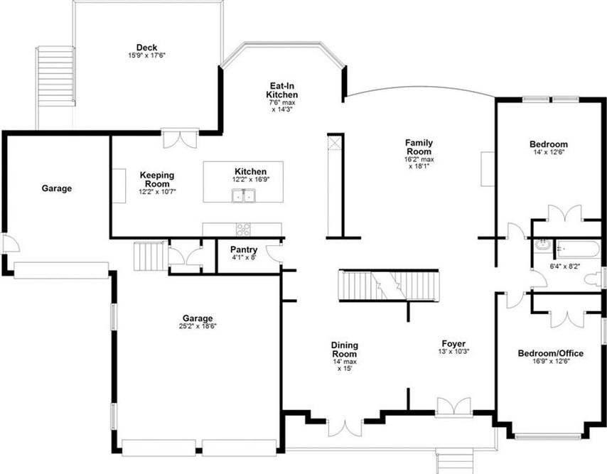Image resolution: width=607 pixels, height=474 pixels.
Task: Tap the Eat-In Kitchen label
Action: [x=282, y=90]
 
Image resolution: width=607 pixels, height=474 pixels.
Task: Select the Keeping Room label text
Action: [x=157, y=179]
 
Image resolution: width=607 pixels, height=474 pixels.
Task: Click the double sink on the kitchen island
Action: [x=242, y=194]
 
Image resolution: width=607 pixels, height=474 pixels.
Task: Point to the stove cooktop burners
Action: [x=243, y=229]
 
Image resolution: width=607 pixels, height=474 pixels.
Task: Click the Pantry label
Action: [x=243, y=249]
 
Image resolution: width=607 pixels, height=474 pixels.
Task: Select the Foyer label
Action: [x=453, y=344]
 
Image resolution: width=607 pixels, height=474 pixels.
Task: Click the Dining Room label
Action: [x=344, y=350]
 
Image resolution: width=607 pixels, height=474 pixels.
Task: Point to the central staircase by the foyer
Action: [x=387, y=286]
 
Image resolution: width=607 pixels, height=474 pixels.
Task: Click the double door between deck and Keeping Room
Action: [x=177, y=139]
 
